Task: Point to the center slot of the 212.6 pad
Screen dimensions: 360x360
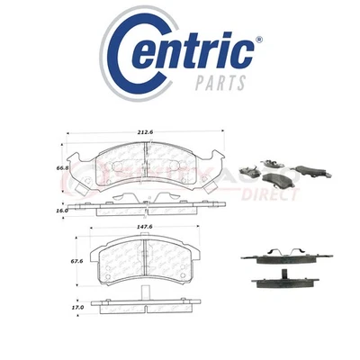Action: (147, 168)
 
